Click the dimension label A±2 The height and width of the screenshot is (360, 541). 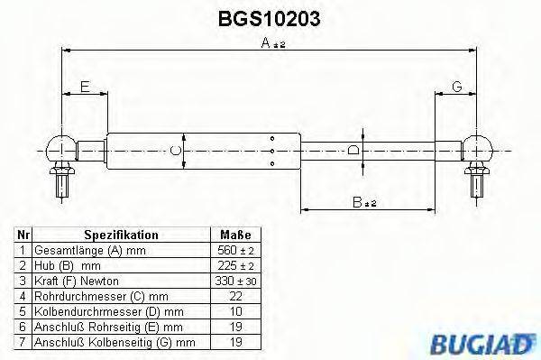[269, 43]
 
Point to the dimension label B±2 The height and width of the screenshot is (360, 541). [363, 203]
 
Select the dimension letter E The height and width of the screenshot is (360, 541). [84, 87]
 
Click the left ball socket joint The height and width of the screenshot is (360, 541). [60, 147]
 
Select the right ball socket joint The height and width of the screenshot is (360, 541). [475, 147]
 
